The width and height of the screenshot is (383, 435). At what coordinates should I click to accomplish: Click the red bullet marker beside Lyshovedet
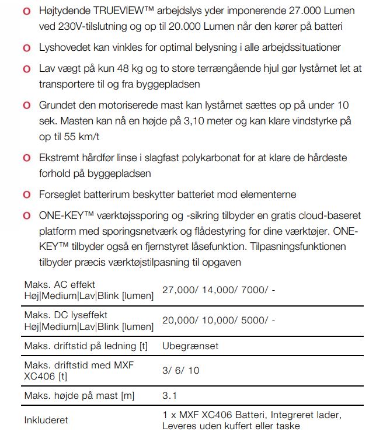[x=27, y=48]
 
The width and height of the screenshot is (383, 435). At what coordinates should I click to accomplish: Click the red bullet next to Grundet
[x=27, y=106]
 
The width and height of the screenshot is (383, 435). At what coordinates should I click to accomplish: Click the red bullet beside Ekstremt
[x=27, y=158]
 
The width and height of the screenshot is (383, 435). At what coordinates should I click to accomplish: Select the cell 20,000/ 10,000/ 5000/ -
[x=218, y=321]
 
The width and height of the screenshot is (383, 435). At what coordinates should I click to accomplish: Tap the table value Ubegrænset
[x=190, y=346]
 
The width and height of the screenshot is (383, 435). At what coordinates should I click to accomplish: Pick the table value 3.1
[x=169, y=396]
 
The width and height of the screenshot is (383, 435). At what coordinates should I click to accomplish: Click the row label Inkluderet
[x=46, y=420]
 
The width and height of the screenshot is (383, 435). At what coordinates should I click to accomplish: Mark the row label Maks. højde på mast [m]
[x=79, y=396]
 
